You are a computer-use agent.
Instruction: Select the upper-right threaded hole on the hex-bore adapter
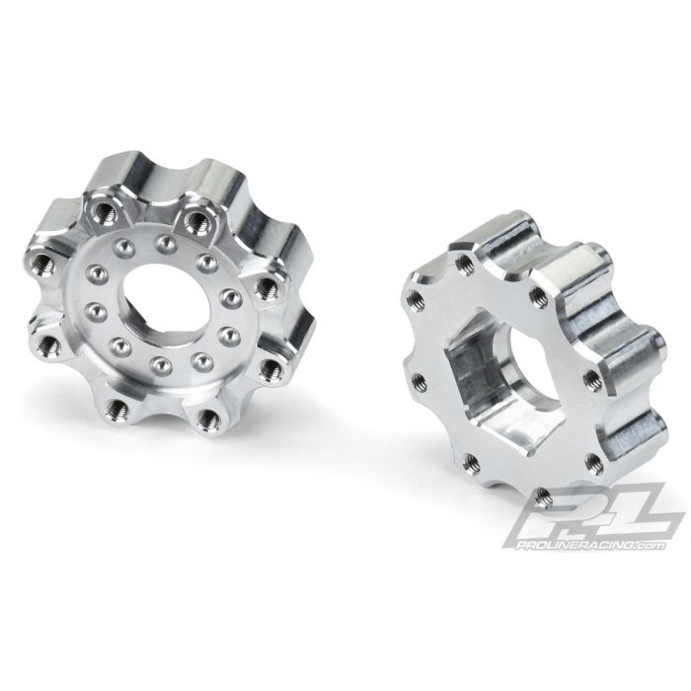[x=540, y=292]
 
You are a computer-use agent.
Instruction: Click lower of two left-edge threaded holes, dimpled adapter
[x=46, y=345]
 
